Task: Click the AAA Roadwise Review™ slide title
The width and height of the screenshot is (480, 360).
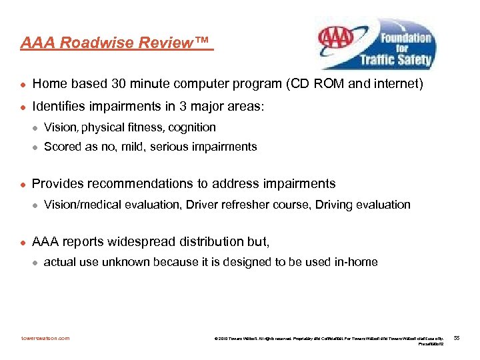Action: (x=114, y=43)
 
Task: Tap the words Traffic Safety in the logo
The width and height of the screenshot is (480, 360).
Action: (x=395, y=59)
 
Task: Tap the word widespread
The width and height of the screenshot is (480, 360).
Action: (x=155, y=241)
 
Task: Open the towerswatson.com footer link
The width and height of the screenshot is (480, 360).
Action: (x=45, y=338)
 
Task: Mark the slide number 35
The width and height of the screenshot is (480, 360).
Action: (x=457, y=338)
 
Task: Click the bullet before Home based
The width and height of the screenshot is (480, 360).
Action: (x=23, y=85)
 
